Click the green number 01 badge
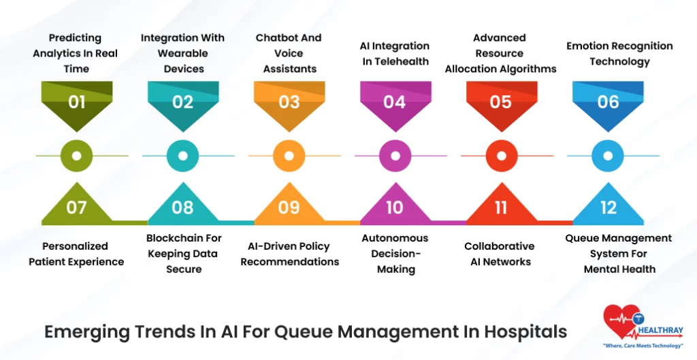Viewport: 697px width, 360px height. [76, 103]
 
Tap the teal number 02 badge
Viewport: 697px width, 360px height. [182, 103]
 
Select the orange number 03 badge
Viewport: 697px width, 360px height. [289, 103]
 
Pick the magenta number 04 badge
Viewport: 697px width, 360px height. [395, 103]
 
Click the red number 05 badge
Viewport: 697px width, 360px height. [501, 103]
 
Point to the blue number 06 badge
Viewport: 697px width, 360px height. [608, 103]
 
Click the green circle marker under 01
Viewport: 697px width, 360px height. [76, 156]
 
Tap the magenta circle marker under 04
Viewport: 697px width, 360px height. [395, 156]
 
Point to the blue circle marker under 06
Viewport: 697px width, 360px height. [608, 156]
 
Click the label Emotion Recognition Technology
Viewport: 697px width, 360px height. [619, 54]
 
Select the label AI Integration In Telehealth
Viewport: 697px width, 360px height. [395, 54]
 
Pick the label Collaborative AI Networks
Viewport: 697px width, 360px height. [500, 254]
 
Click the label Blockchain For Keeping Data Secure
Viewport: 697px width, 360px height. [184, 254]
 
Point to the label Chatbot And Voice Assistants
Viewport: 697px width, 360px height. [289, 53]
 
